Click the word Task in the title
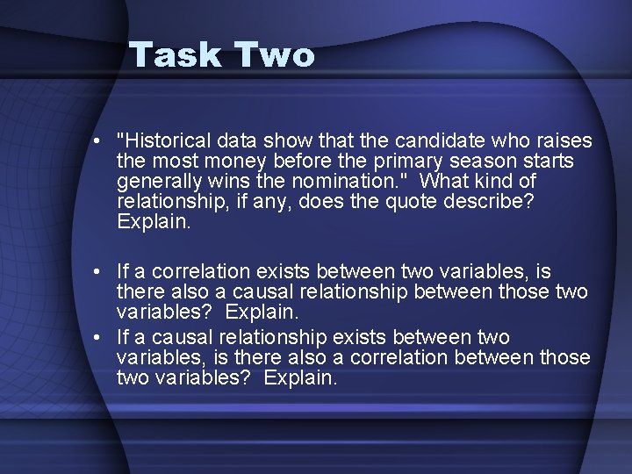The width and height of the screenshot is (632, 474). [x=176, y=55]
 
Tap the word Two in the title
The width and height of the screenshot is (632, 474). [x=274, y=55]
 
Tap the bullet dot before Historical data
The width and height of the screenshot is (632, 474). [x=104, y=141]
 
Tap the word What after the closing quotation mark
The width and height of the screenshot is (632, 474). [x=442, y=182]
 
